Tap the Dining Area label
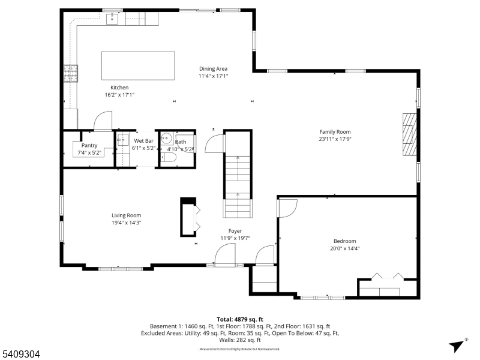[x=213, y=69]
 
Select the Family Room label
[x=335, y=132]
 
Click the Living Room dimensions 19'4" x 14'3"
[x=126, y=223]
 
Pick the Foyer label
[x=235, y=231]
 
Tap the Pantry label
[x=89, y=145]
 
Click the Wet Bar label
[x=144, y=141]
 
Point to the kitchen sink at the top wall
[x=112, y=19]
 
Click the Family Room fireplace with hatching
[x=409, y=134]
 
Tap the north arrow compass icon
[x=458, y=345]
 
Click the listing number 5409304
[x=20, y=355]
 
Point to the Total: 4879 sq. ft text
[x=240, y=319]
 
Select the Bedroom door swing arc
[x=287, y=208]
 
